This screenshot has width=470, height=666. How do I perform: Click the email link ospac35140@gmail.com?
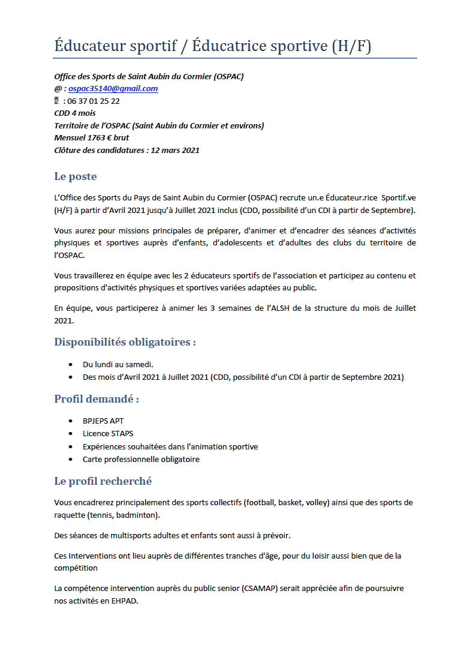click(113, 89)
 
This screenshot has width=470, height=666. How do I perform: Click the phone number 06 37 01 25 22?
click(94, 101)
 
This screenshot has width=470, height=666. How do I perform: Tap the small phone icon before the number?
click(57, 101)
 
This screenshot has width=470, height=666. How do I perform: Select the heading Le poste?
click(75, 176)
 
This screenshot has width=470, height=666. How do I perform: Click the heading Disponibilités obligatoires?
click(125, 342)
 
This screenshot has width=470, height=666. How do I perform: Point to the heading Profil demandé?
click(97, 399)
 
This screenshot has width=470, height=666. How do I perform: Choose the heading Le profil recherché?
click(103, 481)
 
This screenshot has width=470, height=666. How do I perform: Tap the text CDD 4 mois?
click(75, 113)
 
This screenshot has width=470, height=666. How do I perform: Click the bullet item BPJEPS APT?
click(103, 421)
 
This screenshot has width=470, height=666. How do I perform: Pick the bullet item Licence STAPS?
click(108, 433)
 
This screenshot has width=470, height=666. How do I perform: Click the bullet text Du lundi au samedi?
click(118, 364)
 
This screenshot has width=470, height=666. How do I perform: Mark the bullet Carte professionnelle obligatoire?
click(141, 460)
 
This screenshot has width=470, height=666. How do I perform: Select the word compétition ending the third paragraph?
click(76, 568)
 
